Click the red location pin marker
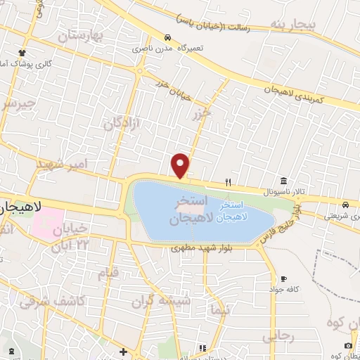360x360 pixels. (x=181, y=165)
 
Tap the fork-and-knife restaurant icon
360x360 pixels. (x=228, y=182)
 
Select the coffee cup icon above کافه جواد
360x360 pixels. (x=283, y=279)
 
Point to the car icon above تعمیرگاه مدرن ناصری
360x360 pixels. (x=167, y=38)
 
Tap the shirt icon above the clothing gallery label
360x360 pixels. (x=22, y=53)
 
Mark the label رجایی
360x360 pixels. (x=277, y=337)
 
